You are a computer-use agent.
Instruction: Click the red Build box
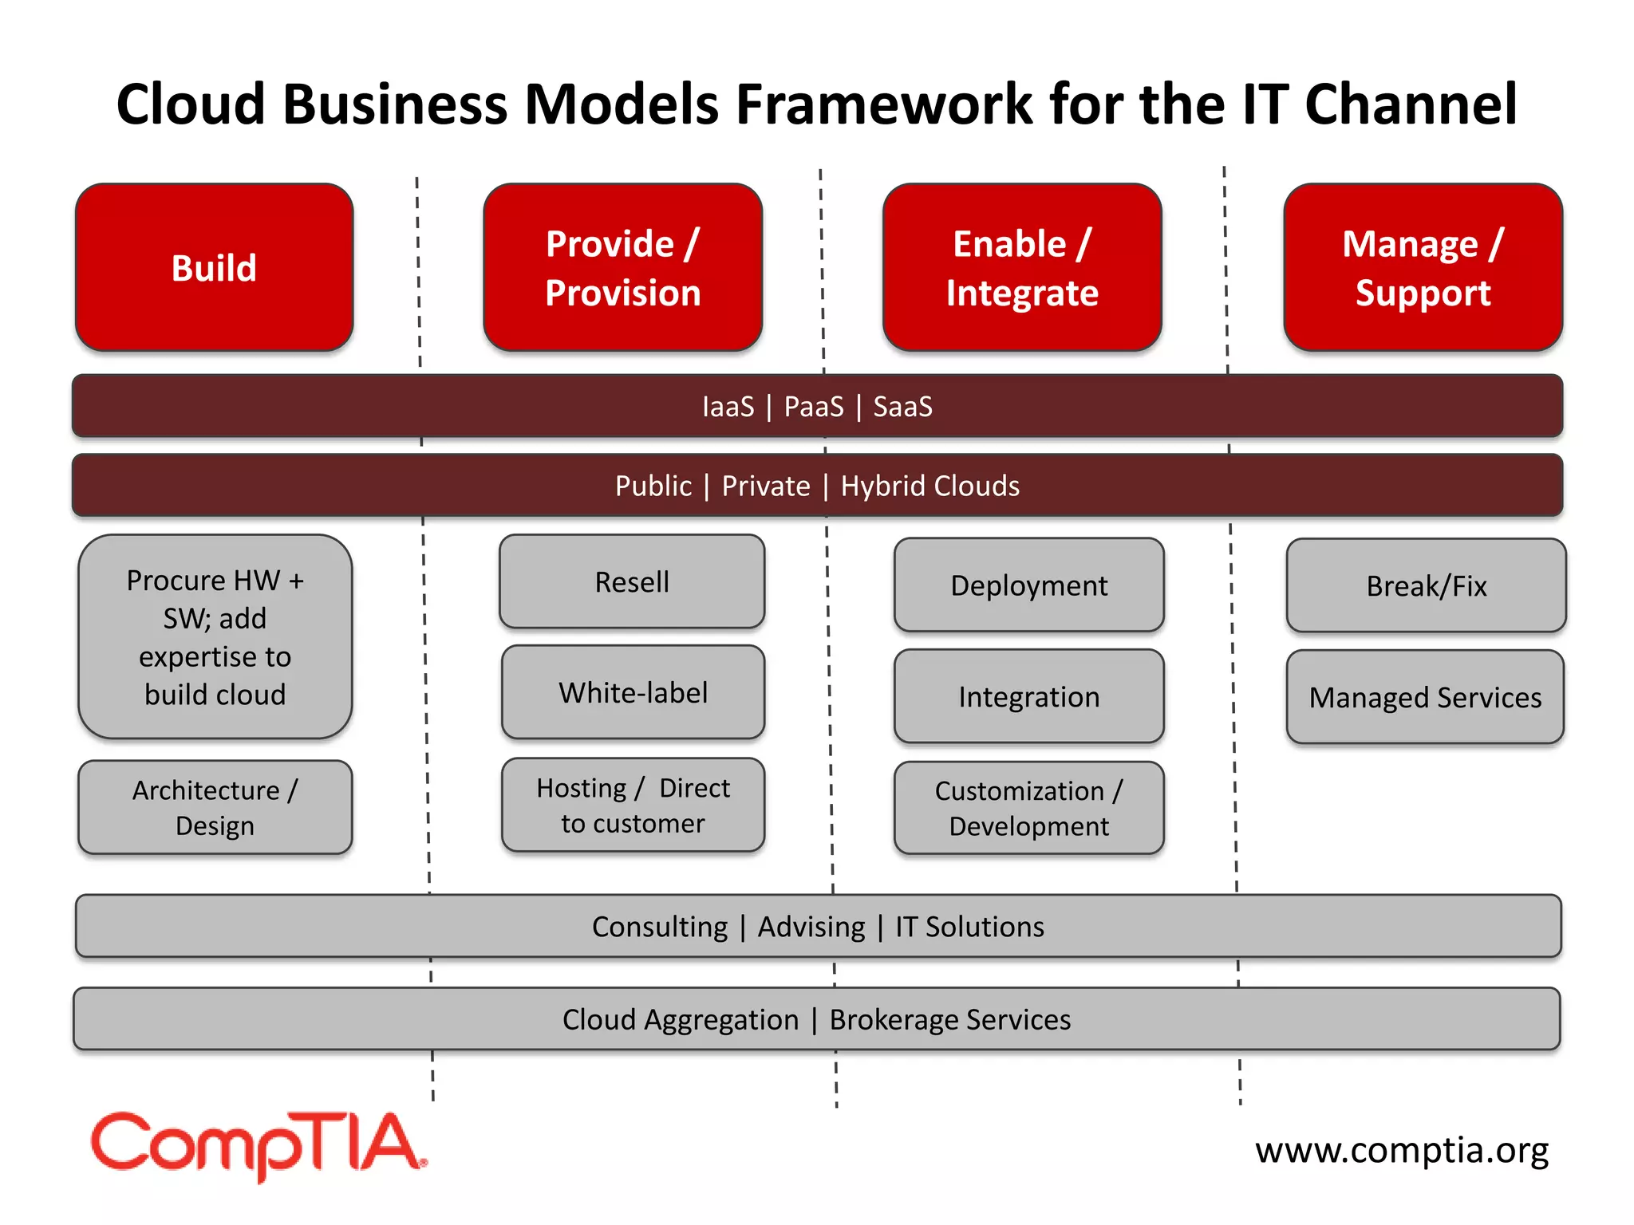214,267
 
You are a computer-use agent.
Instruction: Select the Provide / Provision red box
622,267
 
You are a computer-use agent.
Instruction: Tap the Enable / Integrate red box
1022,267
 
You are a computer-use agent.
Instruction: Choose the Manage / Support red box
1423,267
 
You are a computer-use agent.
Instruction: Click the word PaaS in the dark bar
813,407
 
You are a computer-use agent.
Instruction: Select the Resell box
632,581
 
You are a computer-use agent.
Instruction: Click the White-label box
633,692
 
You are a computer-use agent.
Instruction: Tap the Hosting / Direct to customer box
633,805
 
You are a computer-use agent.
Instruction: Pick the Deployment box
1028,585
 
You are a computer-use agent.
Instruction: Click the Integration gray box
1028,696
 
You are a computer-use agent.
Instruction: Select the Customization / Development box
1028,808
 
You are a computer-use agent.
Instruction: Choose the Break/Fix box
1426,586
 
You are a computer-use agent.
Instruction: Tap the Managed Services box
1425,697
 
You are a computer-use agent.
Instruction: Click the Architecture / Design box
215,807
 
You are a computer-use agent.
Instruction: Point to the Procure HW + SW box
215,636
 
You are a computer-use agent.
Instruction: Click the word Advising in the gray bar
811,927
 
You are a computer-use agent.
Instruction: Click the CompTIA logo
258,1145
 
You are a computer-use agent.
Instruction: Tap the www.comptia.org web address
1401,1150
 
